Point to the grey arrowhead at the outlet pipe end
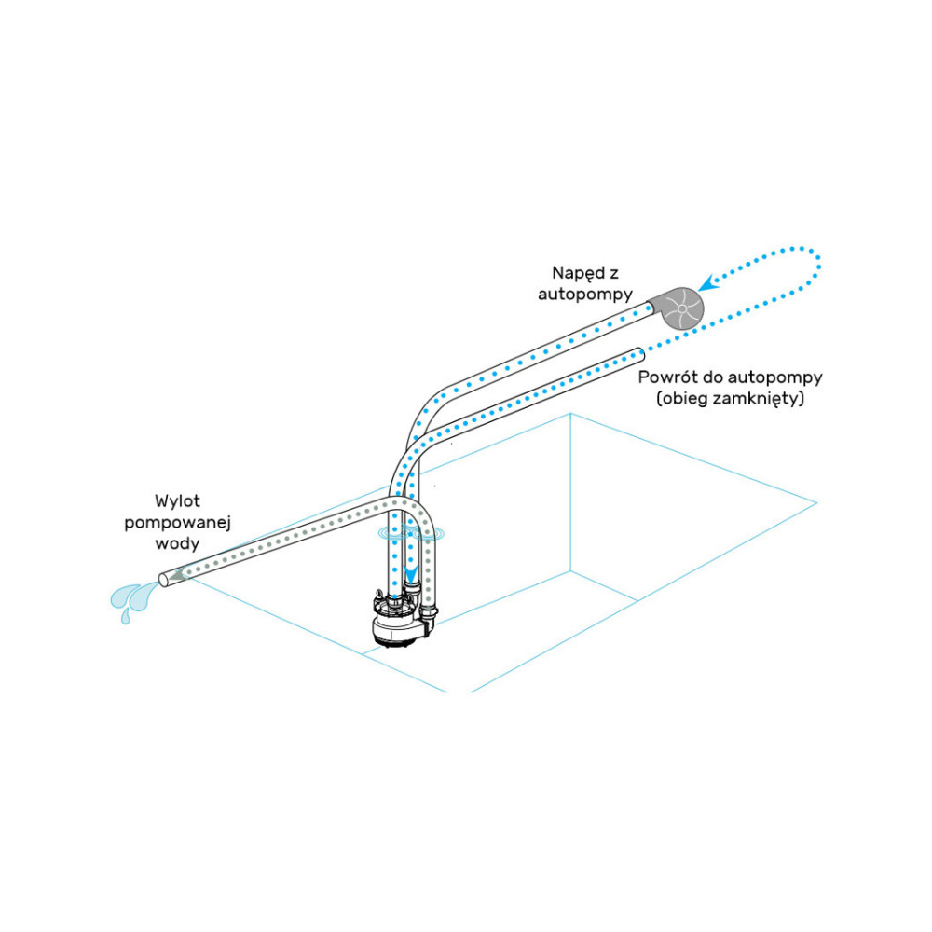tap(177, 576)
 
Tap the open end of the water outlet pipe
tap(163, 580)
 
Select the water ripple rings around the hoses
tap(411, 534)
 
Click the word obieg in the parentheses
tap(685, 399)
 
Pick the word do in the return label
tap(711, 378)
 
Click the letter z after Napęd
tap(614, 274)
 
